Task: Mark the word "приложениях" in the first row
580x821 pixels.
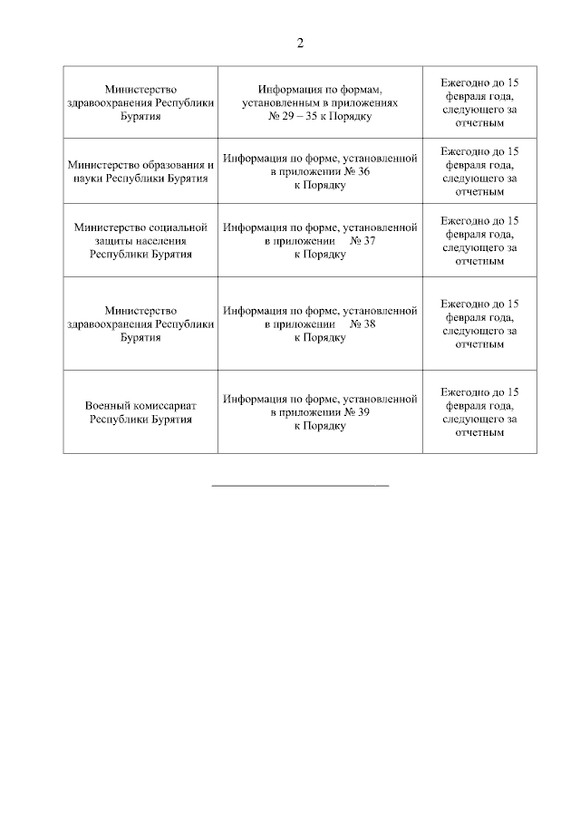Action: click(366, 103)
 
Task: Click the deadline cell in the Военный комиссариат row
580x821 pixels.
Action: click(479, 412)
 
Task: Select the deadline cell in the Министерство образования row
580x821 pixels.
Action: click(479, 171)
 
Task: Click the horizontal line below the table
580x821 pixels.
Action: click(299, 487)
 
